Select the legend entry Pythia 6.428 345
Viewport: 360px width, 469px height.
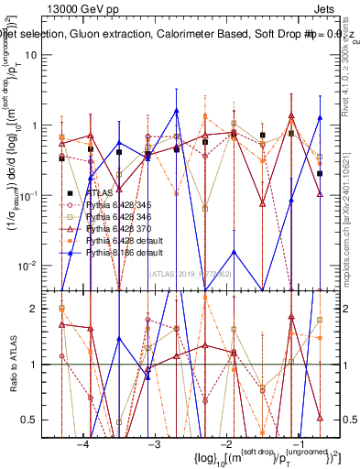coord(118,205)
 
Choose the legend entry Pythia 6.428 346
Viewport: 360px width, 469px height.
coord(118,216)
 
